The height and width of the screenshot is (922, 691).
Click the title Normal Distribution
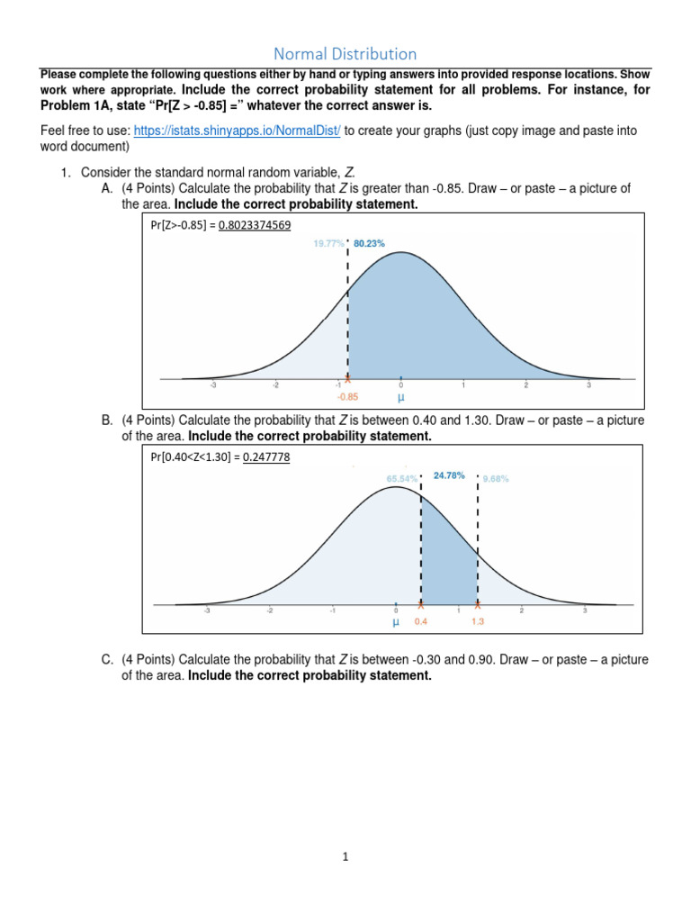pyautogui.click(x=345, y=54)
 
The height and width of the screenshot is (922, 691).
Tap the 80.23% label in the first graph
pyautogui.click(x=369, y=243)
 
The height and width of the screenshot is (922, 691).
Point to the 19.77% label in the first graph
pyautogui.click(x=328, y=243)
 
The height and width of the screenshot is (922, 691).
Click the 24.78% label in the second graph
pyautogui.click(x=449, y=475)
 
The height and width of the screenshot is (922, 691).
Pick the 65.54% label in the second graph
pyautogui.click(x=401, y=479)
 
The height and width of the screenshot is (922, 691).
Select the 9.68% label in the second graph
pyautogui.click(x=497, y=479)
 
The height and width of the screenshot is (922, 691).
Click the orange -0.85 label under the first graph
pyautogui.click(x=348, y=395)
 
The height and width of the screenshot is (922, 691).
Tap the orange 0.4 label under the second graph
pyautogui.click(x=421, y=621)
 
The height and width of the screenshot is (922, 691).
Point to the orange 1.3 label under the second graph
pyautogui.click(x=477, y=621)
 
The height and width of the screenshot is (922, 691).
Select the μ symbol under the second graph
pyautogui.click(x=395, y=621)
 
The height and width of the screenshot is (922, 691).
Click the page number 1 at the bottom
pyautogui.click(x=345, y=857)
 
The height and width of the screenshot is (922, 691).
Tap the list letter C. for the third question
pyautogui.click(x=107, y=660)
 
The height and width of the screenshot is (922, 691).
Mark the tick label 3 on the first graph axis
pyautogui.click(x=588, y=385)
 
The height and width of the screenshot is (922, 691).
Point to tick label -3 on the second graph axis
pyautogui.click(x=207, y=610)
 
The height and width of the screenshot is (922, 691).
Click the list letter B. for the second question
pyautogui.click(x=107, y=420)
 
